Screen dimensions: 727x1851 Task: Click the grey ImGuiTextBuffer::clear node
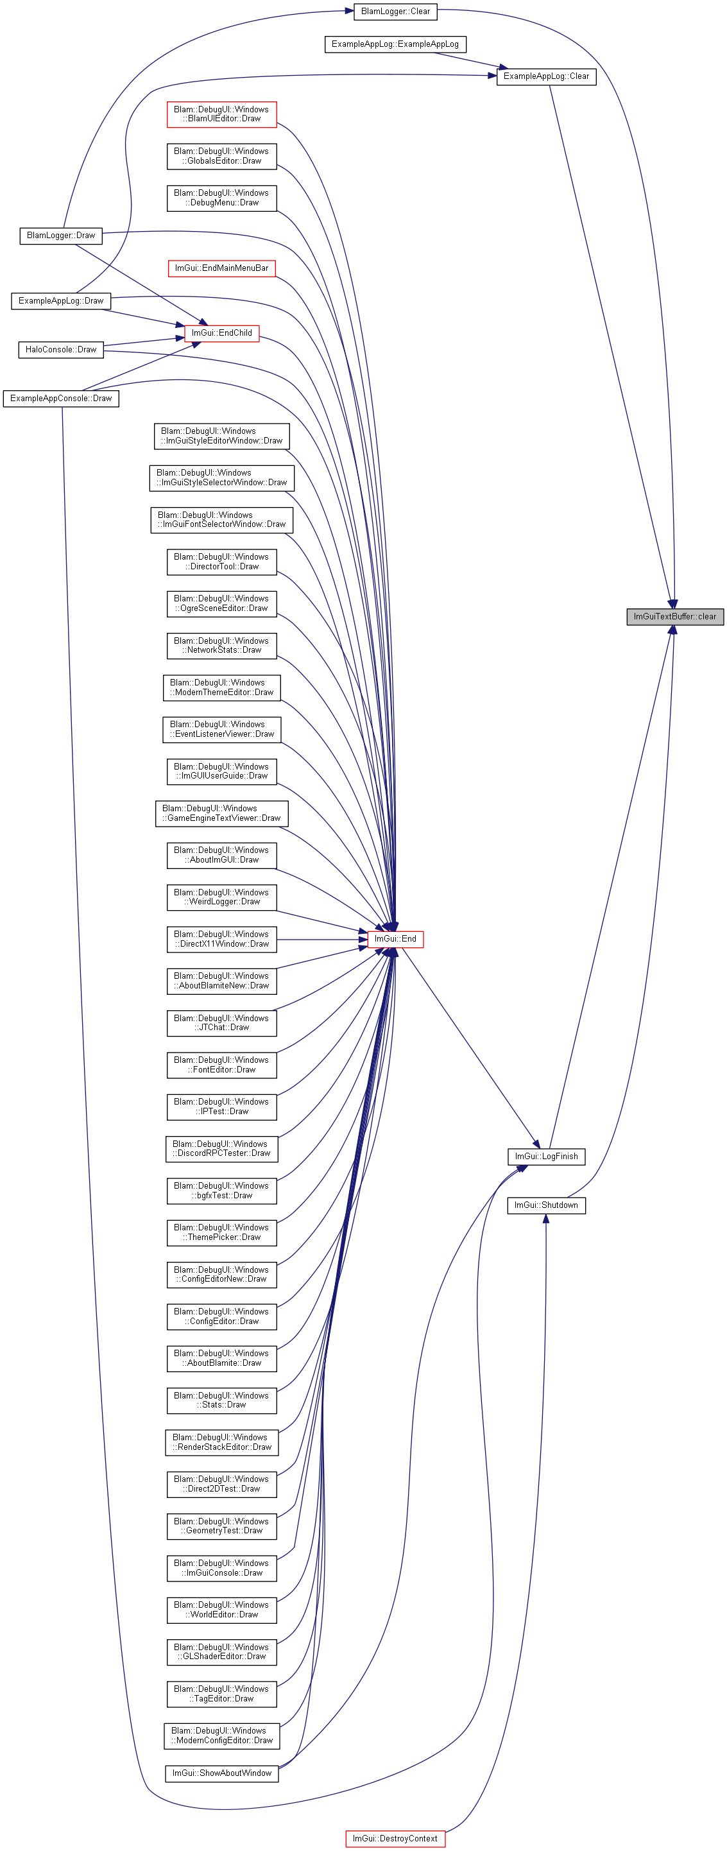674,617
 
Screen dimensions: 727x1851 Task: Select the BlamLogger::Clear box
395,12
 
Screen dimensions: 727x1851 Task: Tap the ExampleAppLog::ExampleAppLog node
395,44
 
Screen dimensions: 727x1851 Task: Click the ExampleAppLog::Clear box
546,76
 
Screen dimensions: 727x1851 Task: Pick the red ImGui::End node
395,938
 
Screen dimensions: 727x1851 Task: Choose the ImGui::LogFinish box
546,1156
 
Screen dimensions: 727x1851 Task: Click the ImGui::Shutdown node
546,1205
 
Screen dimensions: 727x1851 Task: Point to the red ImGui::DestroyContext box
395,1839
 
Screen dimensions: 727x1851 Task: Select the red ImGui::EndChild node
222,332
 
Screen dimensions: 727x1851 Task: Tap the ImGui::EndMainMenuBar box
222,268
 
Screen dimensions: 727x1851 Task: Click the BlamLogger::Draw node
61,236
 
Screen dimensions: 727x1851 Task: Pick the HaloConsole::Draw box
61,349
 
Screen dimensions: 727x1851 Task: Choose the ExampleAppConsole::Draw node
61,398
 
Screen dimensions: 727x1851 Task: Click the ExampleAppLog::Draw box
61,300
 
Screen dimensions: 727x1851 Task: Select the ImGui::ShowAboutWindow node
222,1773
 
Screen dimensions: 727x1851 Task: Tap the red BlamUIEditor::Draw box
222,114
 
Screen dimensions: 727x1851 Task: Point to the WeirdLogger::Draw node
222,897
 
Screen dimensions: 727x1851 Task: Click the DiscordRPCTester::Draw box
222,1148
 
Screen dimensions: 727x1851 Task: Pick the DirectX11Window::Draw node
222,939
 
